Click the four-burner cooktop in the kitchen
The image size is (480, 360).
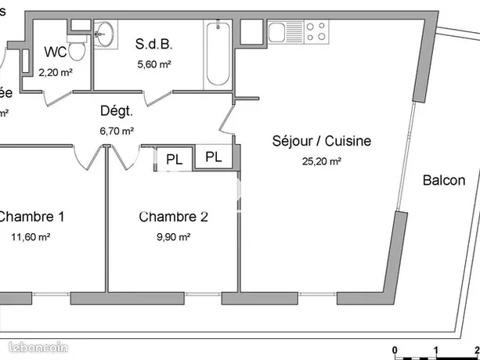point(316,31)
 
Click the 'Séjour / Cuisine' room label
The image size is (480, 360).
point(321,142)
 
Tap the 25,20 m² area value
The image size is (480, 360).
point(322,161)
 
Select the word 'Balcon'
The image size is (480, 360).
point(444,181)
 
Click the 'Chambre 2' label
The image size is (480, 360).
point(173,216)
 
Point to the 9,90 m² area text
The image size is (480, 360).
point(174,236)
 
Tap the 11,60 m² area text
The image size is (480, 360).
point(31,236)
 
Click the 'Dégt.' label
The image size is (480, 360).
point(115,112)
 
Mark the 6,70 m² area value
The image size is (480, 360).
point(116,131)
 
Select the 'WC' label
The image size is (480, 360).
point(55,52)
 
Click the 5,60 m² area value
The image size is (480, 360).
point(153,64)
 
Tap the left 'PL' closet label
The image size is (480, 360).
point(174,159)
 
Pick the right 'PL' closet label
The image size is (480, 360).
point(214,157)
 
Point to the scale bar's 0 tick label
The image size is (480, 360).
point(395,349)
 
